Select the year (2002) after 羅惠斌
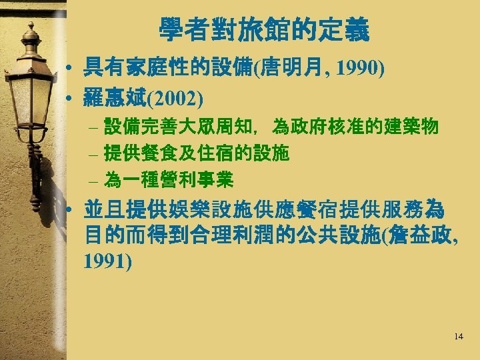[x=174, y=98]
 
